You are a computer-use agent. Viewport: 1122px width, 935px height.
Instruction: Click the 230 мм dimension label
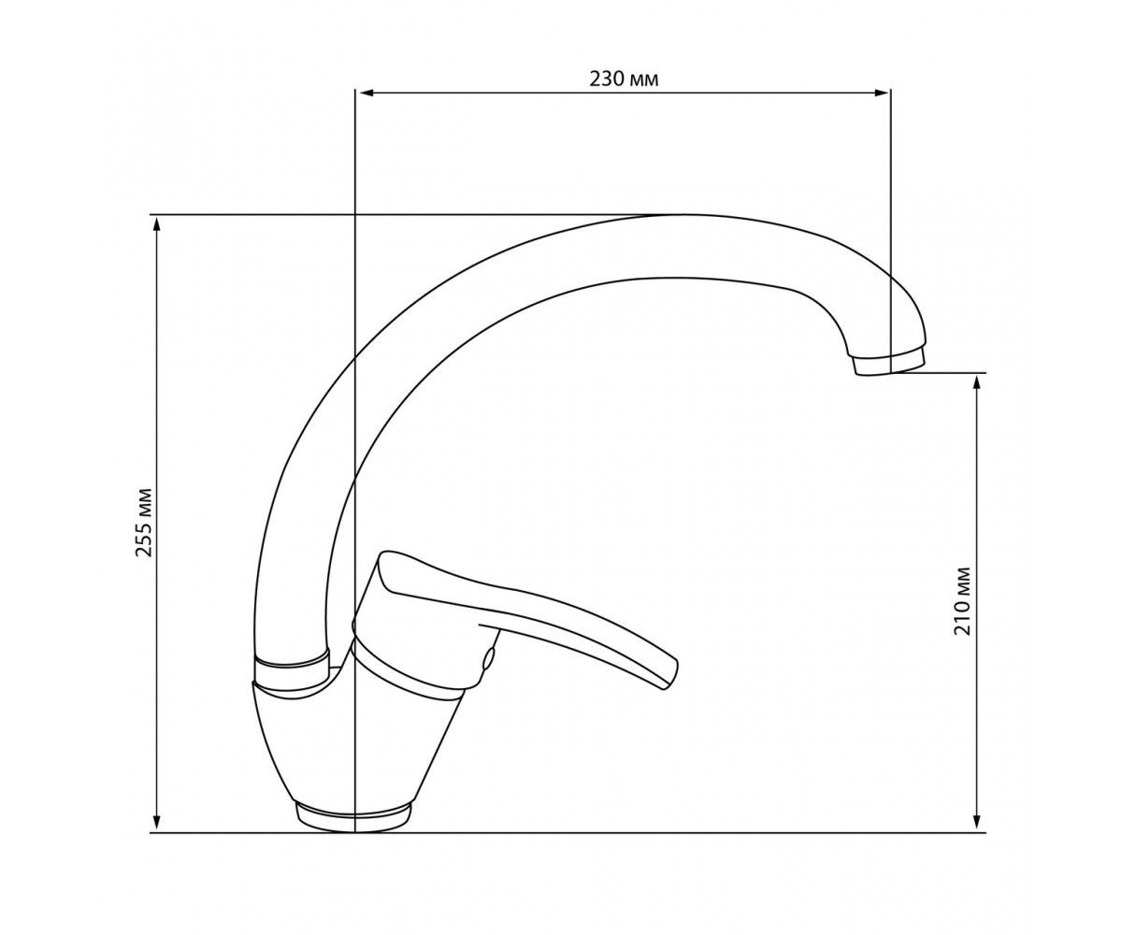(624, 79)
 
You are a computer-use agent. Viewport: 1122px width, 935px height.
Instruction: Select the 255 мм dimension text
(143, 523)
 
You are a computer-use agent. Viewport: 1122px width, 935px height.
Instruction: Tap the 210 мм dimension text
(962, 601)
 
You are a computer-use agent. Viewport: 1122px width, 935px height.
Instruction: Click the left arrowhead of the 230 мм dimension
(367, 93)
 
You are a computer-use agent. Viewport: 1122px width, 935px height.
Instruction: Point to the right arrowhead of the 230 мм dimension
(882, 93)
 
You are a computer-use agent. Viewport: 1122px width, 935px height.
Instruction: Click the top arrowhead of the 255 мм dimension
(157, 224)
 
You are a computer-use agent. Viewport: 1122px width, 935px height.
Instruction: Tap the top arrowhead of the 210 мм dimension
(976, 382)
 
